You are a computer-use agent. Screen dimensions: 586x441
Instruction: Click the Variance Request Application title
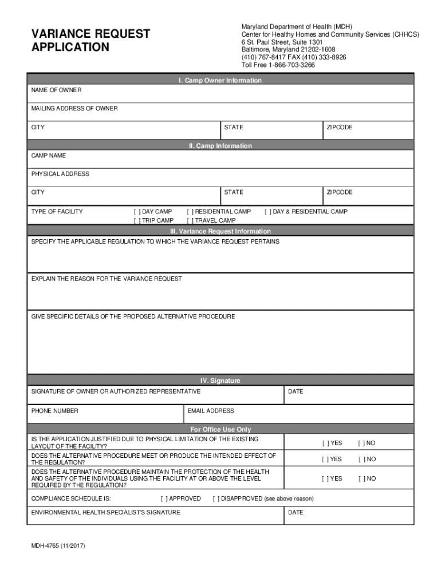[90, 40]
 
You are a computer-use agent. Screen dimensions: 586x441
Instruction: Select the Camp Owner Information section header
[220, 81]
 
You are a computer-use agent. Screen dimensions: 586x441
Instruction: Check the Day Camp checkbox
[136, 212]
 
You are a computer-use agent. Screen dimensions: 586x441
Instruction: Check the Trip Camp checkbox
[136, 220]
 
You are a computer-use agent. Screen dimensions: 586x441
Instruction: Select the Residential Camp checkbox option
[190, 212]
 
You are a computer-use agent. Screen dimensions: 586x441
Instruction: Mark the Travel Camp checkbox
[190, 220]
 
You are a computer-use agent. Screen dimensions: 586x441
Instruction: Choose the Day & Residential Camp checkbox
[267, 212]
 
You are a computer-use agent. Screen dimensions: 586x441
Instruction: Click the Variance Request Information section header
[220, 231]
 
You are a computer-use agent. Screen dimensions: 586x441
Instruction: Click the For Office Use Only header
[220, 429]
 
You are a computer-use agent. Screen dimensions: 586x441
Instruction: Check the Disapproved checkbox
[215, 498]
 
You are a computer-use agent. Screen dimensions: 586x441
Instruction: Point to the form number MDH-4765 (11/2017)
[58, 546]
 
